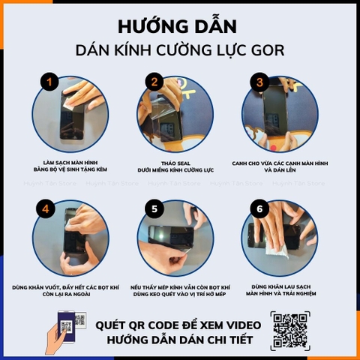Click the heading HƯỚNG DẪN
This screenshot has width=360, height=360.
tap(178, 28)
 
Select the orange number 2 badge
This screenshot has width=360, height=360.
tap(155, 82)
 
